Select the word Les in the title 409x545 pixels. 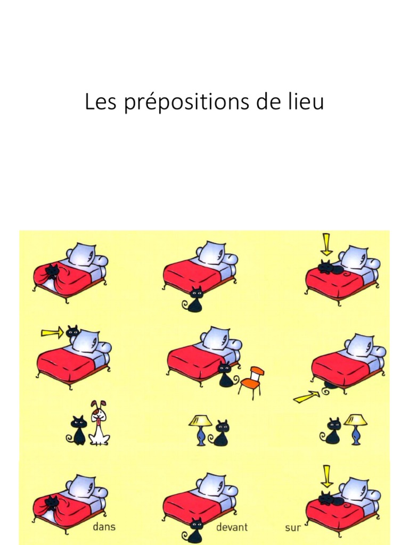click(x=101, y=102)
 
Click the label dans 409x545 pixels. click(x=104, y=527)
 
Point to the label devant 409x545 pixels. click(x=232, y=527)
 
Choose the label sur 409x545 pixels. click(x=293, y=528)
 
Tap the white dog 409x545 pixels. click(x=99, y=424)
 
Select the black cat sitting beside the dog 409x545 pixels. click(x=78, y=430)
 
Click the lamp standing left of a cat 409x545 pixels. click(x=200, y=429)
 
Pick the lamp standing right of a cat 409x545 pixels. click(x=355, y=428)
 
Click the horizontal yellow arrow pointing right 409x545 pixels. click(x=52, y=334)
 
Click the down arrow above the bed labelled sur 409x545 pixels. click(x=326, y=476)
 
